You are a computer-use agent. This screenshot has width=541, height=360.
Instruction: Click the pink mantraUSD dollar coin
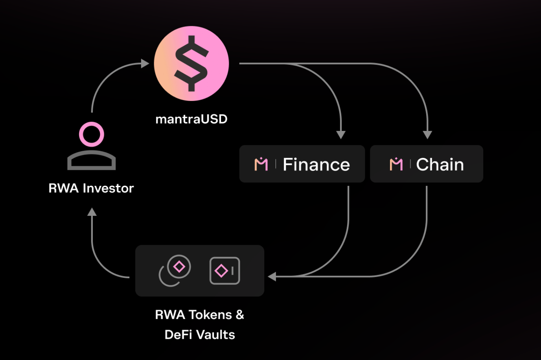click(x=191, y=64)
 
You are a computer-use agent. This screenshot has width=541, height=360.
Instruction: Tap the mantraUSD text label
click(x=191, y=119)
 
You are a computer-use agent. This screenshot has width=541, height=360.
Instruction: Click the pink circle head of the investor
click(x=92, y=134)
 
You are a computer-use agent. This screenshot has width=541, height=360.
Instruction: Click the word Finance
click(x=316, y=164)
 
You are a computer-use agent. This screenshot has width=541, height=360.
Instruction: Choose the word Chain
click(x=440, y=164)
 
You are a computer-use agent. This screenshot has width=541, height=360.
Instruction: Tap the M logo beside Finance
click(x=261, y=164)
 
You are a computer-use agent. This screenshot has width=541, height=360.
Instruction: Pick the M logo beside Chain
click(x=396, y=164)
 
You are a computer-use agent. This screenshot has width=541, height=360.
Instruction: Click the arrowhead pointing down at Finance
click(x=341, y=135)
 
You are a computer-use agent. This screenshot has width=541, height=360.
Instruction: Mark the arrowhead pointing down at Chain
click(x=427, y=135)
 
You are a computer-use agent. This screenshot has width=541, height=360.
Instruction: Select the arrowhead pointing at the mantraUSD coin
click(x=145, y=63)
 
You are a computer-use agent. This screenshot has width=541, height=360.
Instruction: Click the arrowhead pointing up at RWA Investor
click(x=92, y=212)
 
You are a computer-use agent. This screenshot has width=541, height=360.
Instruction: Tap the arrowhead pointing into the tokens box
click(x=272, y=277)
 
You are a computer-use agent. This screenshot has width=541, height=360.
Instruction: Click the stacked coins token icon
click(x=175, y=270)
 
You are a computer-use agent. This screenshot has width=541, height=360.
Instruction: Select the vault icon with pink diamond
click(x=224, y=270)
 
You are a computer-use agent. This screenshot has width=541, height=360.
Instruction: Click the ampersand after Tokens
click(x=240, y=315)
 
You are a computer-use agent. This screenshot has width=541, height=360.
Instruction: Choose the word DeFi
click(x=178, y=335)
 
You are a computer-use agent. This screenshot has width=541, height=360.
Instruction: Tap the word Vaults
click(x=216, y=335)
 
